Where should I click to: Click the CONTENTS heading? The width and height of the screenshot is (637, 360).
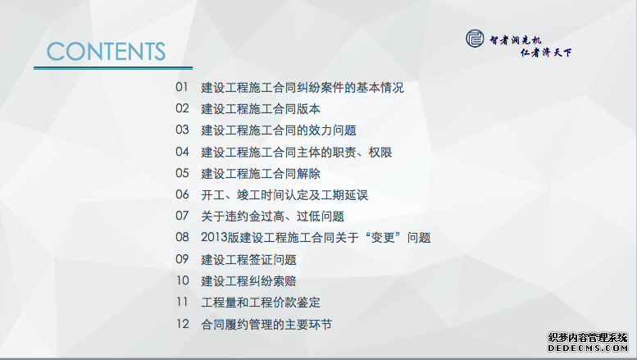coord(106,51)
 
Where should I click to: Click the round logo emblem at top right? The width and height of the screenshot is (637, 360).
coord(475,39)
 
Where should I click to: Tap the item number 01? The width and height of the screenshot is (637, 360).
coord(182,87)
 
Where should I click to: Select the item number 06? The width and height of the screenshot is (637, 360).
coord(182,194)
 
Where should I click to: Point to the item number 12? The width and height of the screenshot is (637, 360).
coord(182,324)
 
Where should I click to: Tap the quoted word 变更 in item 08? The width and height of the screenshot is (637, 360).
coord(383,237)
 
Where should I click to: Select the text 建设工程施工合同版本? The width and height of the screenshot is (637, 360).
coord(261,109)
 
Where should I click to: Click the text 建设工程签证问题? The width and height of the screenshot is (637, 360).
coord(248,260)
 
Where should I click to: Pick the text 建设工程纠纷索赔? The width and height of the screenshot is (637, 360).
coord(248,281)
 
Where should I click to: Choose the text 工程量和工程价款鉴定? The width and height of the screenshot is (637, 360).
coord(261,303)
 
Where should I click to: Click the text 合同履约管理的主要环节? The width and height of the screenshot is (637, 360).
coord(266,324)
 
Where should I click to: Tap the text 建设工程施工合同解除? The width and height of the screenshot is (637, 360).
coord(261,174)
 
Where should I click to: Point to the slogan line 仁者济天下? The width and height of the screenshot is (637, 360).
coord(546,52)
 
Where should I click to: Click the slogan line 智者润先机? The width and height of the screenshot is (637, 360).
coord(515,40)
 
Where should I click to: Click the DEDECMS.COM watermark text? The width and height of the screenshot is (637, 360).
coord(588,349)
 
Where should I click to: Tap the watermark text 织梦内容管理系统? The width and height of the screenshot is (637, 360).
coord(588,338)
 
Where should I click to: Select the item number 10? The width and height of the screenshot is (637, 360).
coord(182,280)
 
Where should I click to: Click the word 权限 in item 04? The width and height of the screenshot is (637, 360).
coord(380,153)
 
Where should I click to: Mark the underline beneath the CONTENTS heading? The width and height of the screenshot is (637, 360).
coord(113,68)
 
